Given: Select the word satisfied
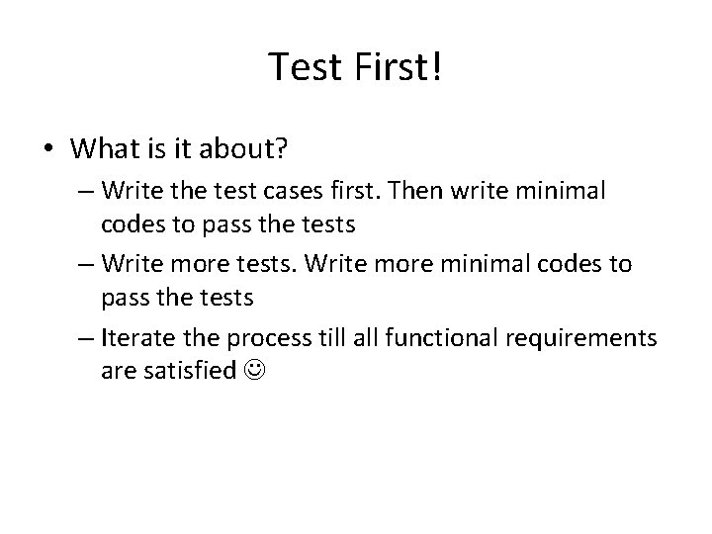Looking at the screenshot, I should click(x=189, y=372).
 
